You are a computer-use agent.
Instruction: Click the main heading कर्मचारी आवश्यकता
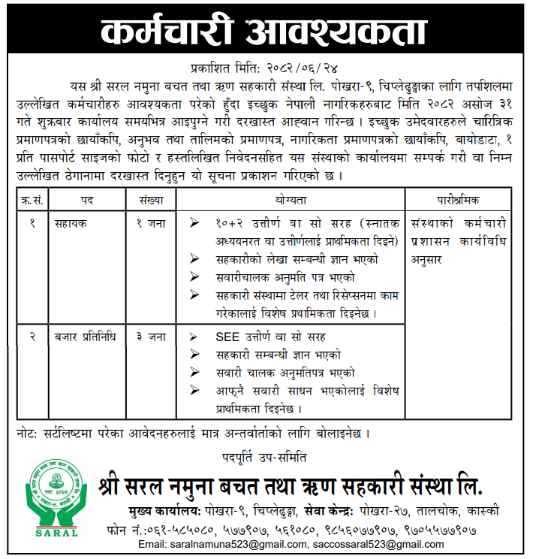pyautogui.click(x=268, y=32)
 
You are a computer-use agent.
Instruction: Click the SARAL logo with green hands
pyautogui.click(x=56, y=497)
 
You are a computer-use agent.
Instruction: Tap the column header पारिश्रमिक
pyautogui.click(x=459, y=201)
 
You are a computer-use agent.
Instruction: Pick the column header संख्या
pyautogui.click(x=150, y=201)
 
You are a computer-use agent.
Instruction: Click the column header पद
pyautogui.click(x=87, y=201)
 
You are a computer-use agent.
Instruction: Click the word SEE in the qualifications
pyautogui.click(x=227, y=337)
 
